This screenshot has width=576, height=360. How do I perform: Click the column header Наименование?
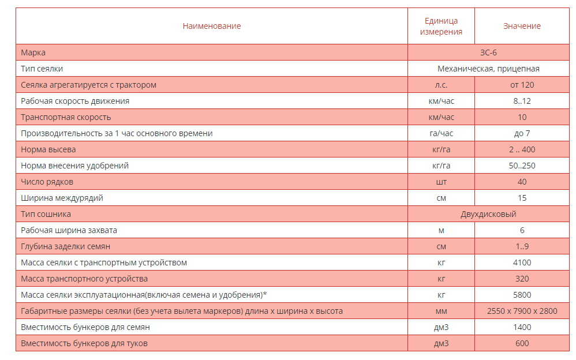click(x=212, y=26)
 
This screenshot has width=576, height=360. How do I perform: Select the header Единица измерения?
click(x=441, y=26)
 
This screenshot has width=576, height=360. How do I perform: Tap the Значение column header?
click(x=522, y=26)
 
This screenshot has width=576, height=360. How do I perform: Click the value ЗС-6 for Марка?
click(x=488, y=52)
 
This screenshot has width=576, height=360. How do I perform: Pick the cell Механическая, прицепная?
click(x=488, y=69)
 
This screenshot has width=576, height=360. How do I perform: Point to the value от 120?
click(x=522, y=85)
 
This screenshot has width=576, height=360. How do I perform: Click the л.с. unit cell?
click(x=441, y=85)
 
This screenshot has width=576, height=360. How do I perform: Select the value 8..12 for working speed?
click(x=522, y=101)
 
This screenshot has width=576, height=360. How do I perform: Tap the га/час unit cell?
click(x=441, y=133)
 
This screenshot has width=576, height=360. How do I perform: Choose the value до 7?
click(x=522, y=133)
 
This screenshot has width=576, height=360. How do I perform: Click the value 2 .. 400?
click(x=522, y=149)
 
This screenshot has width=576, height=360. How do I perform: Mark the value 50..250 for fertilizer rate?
click(x=522, y=166)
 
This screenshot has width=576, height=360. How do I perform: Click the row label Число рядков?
click(x=47, y=182)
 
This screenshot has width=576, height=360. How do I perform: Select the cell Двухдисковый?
click(x=488, y=214)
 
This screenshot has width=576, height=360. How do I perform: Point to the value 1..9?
click(x=522, y=246)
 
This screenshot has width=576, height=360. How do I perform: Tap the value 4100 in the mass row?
click(x=522, y=262)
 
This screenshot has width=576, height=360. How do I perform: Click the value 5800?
click(x=522, y=295)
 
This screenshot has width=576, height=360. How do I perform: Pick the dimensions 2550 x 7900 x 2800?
click(x=522, y=311)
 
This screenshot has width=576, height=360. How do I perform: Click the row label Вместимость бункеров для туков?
click(x=85, y=343)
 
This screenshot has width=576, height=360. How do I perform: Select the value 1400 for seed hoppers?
click(x=522, y=327)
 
